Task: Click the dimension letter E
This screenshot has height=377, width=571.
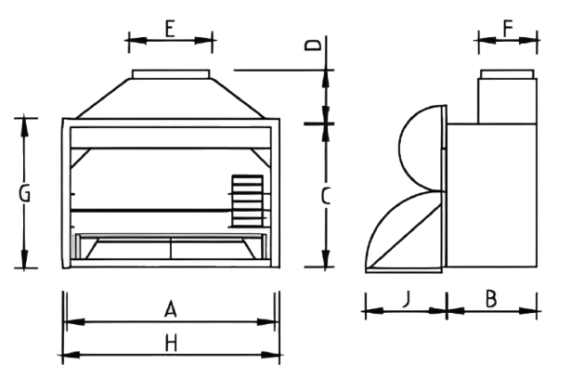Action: pyautogui.click(x=170, y=29)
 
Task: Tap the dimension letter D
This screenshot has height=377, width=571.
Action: pyautogui.click(x=313, y=45)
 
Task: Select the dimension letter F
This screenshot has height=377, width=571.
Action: pyautogui.click(x=508, y=28)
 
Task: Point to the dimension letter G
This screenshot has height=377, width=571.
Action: pyautogui.click(x=24, y=193)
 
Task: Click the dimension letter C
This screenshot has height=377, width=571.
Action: pyautogui.click(x=326, y=196)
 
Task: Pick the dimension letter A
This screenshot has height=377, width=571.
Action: pyautogui.click(x=171, y=309)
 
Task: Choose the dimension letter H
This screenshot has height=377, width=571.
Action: pyautogui.click(x=171, y=344)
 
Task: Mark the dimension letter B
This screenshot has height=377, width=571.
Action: pyautogui.click(x=491, y=299)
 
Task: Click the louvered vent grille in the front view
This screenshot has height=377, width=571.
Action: pyautogui.click(x=248, y=201)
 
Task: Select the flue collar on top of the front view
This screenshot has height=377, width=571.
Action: pyautogui.click(x=171, y=74)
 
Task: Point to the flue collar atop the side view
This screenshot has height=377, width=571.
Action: pyautogui.click(x=507, y=74)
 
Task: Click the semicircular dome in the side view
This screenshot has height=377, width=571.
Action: pyautogui.click(x=400, y=148)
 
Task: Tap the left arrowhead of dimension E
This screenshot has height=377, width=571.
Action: pyautogui.click(x=137, y=41)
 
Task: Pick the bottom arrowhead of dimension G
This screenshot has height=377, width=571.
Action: pyautogui.click(x=24, y=258)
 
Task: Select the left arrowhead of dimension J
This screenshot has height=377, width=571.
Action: pyautogui.click(x=375, y=311)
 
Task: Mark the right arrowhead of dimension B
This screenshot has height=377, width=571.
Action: pyautogui.click(x=527, y=311)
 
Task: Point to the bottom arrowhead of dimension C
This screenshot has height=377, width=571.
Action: pyautogui.click(x=326, y=257)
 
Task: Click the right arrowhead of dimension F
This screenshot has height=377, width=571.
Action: pyautogui.click(x=528, y=40)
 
